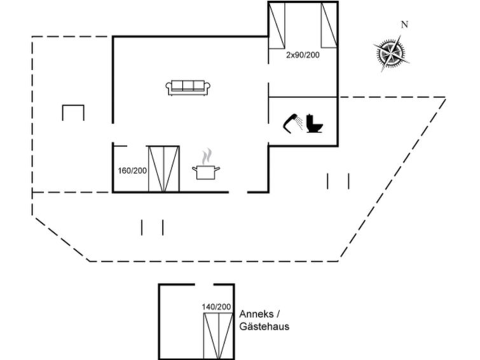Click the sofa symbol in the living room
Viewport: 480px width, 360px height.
(188, 88)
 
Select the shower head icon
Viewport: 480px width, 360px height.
(292, 123)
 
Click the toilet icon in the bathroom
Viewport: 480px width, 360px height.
(315, 123)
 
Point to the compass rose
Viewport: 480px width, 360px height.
(391, 53)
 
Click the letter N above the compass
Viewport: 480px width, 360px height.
(405, 25)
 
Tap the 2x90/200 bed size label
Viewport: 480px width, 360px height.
(303, 55)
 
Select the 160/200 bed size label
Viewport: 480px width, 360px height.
(132, 170)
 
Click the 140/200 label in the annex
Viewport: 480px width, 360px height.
(216, 307)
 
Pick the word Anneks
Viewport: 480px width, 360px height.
(257, 314)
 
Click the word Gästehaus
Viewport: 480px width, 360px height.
(264, 326)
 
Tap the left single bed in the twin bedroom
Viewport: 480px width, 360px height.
(277, 25)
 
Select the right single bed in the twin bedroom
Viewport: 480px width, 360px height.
(329, 25)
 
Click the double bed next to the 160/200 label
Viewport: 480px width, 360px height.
(164, 169)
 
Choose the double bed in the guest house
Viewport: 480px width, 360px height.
(219, 336)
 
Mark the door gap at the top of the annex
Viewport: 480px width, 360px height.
(204, 285)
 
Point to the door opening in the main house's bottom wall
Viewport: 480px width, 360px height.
(238, 193)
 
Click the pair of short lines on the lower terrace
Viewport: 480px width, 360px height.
(152, 227)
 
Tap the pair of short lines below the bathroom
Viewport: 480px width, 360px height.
(338, 181)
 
